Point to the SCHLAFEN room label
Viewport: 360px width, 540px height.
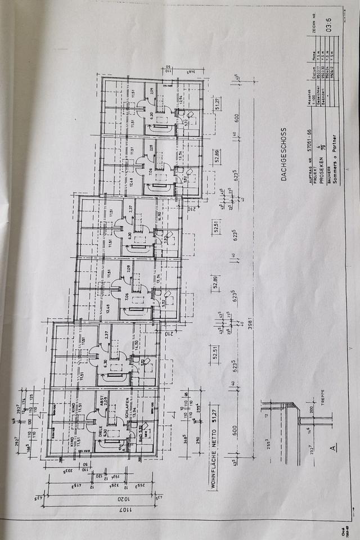[127, 421]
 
